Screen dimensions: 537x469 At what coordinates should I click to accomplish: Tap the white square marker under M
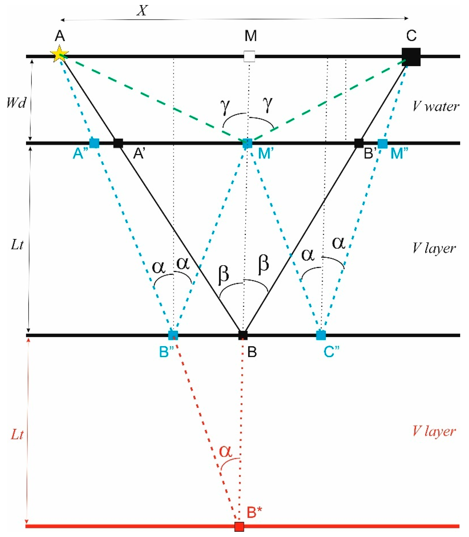click(249, 56)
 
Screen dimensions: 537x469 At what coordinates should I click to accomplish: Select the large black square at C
click(411, 57)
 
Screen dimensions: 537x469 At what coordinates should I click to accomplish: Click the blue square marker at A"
click(94, 143)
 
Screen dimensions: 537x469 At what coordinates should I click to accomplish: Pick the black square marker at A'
click(118, 143)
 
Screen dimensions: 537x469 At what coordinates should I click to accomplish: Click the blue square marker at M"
click(382, 143)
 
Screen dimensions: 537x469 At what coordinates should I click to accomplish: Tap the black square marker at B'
click(359, 143)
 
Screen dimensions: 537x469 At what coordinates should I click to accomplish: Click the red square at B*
click(239, 526)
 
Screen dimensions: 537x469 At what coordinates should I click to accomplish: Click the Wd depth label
click(16, 103)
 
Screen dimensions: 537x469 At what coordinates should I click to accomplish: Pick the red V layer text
click(434, 431)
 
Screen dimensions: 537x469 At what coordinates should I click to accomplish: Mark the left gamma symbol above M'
click(225, 107)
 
